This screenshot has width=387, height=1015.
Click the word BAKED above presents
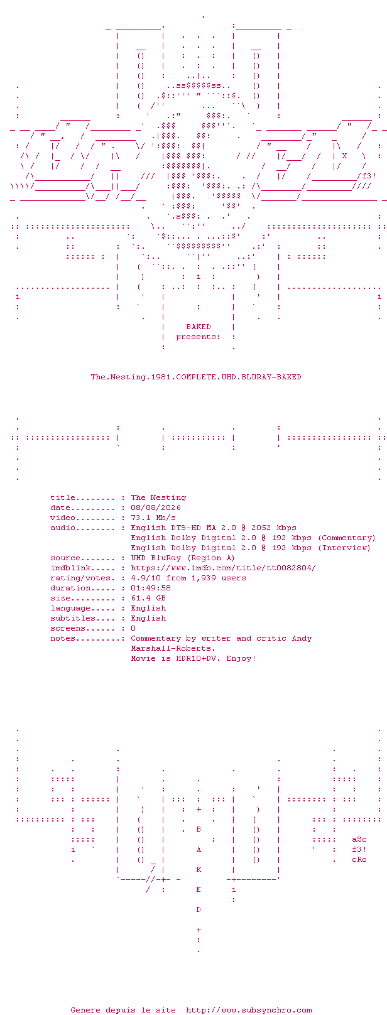199,327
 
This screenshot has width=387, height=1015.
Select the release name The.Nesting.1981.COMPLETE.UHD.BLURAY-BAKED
196,377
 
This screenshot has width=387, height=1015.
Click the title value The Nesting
158,497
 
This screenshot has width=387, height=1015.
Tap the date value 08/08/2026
156,507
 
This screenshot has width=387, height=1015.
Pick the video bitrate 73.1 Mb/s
153,518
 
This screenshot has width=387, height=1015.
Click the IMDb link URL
224,568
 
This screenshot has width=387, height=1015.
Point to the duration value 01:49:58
151,588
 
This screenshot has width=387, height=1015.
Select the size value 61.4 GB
148,598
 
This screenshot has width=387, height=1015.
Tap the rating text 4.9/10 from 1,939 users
188,578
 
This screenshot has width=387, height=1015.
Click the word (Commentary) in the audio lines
347,538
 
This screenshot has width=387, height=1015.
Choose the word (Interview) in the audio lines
344,548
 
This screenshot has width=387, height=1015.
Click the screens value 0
133,628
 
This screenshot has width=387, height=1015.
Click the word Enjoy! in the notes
241,658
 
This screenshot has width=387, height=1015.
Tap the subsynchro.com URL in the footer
249,1010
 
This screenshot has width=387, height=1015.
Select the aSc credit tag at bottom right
359,839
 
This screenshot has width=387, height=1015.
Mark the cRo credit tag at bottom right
359,860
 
